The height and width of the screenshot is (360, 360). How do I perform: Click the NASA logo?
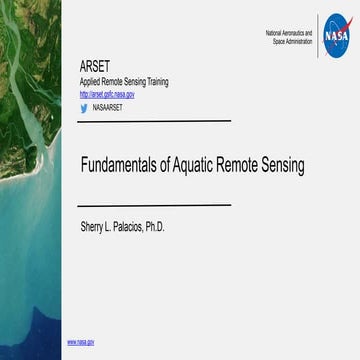point(338,36)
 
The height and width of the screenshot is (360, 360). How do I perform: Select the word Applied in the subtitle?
point(92,83)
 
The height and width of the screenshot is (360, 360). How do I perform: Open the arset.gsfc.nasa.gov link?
point(107,94)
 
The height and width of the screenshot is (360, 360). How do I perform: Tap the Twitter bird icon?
point(83,106)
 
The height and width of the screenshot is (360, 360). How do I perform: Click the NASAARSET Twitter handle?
point(108,106)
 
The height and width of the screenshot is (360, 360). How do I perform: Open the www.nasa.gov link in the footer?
point(81,342)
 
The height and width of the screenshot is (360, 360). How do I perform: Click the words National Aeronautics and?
point(289,33)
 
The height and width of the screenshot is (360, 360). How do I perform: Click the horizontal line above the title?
point(155,120)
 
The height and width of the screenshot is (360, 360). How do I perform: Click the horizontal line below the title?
point(155,204)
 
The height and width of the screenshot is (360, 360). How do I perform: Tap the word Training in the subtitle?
point(160,83)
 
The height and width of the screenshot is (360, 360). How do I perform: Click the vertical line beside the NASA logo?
point(318,36)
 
